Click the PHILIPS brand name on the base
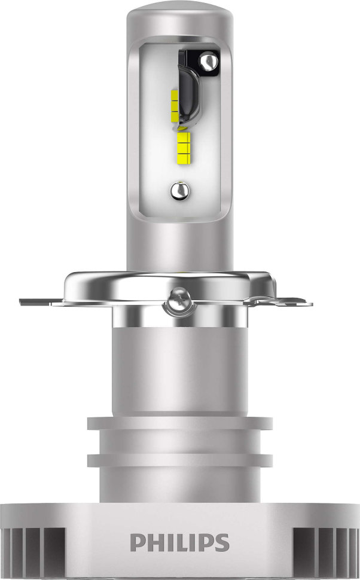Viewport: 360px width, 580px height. pyautogui.click(x=179, y=542)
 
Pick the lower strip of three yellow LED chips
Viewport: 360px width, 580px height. pyautogui.click(x=183, y=145)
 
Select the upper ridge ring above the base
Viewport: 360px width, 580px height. pyautogui.click(x=180, y=423)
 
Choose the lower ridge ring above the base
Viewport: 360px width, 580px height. pyautogui.click(x=180, y=460)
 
